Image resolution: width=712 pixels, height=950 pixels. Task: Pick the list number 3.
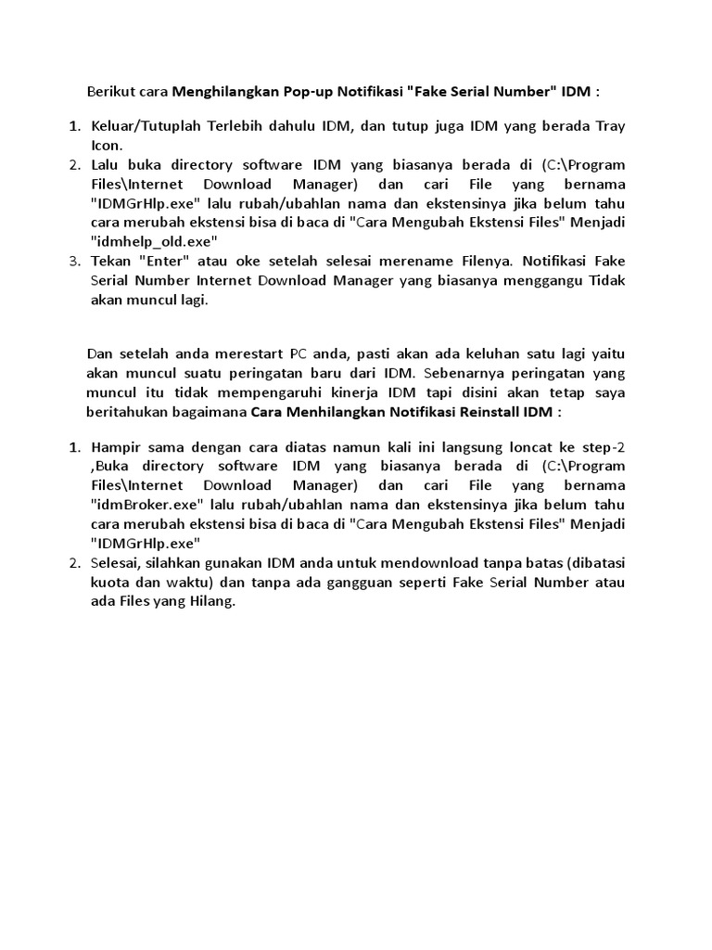coord(75,262)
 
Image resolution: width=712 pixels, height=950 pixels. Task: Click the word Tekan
coord(111,262)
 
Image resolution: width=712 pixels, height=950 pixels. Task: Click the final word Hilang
coord(213,601)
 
